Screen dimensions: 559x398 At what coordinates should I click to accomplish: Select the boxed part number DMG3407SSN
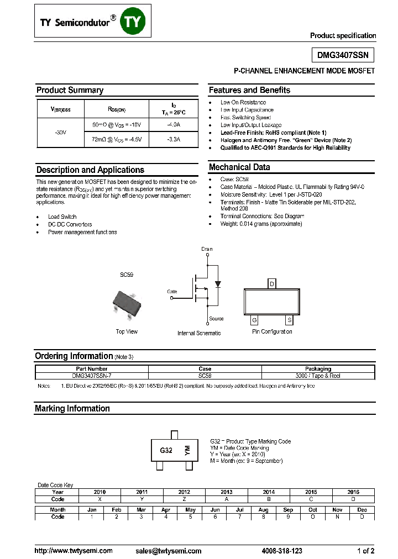343,55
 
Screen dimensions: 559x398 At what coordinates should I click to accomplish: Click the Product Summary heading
70,90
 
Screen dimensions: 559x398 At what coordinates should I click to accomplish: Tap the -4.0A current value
174,125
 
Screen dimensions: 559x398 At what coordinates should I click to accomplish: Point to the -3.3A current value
174,140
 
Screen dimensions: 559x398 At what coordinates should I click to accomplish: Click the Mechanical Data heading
239,167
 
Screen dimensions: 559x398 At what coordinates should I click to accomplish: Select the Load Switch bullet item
62,217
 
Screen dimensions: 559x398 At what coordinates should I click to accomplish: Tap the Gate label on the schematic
172,291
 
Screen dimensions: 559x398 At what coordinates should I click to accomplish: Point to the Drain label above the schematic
207,249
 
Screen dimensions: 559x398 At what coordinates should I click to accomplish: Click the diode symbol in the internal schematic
217,284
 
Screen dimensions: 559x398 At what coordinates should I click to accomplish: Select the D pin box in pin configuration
271,284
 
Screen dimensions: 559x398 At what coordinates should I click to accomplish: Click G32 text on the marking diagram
166,450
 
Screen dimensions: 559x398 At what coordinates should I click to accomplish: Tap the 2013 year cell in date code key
227,492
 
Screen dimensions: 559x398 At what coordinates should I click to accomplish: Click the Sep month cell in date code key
288,510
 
